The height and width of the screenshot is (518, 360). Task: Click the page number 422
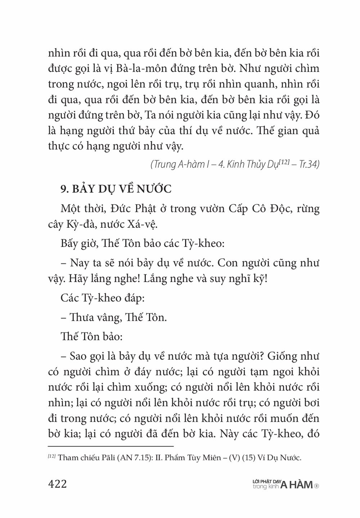[58, 484]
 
